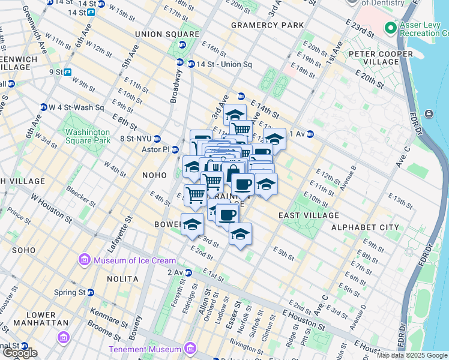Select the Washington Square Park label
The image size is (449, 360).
88,136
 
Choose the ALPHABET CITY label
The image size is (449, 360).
364,227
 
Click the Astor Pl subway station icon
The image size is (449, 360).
175,149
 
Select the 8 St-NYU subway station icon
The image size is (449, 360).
157,139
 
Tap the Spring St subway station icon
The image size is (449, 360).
90,292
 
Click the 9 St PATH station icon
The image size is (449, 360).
68,72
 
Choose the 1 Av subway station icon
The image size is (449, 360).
310,134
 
